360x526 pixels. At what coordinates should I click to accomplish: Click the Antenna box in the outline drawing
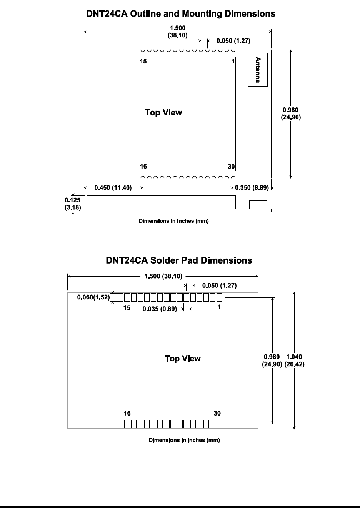pos(258,70)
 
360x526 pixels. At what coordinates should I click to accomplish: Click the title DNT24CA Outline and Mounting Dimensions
pos(181,14)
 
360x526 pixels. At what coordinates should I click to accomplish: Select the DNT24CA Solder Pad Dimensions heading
pos(179,260)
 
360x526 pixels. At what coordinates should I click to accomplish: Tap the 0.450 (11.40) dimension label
pos(113,188)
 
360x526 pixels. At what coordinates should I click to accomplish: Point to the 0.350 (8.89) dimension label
pos(252,188)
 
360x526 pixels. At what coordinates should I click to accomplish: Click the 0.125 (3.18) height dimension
pos(73,204)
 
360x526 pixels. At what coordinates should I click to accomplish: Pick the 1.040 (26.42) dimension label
pos(294,361)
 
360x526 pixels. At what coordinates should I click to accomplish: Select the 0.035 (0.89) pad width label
pos(159,309)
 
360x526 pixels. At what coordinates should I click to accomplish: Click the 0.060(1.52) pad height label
pos(93,297)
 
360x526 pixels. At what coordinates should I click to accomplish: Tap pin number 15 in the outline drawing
pos(143,62)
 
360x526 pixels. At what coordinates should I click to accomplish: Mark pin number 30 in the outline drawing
pos(231,167)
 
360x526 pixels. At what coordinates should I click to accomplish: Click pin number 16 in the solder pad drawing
pos(127,413)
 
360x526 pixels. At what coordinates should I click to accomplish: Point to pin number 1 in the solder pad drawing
pos(219,307)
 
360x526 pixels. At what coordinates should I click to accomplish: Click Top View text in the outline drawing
pos(163,113)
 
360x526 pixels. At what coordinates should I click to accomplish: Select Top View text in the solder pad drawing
pos(183,359)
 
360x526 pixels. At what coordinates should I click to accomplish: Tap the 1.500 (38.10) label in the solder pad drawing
pos(163,276)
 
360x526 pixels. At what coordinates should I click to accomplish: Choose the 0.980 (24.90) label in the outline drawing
pos(291,114)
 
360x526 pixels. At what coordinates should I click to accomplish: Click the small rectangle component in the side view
pos(258,204)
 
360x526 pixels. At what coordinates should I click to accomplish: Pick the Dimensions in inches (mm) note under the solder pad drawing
pos(184,440)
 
